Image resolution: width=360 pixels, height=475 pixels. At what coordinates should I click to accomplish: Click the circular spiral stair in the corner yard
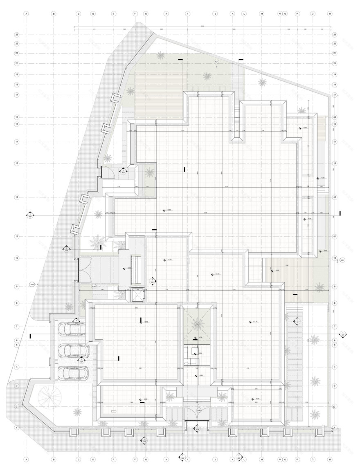coord(49,396)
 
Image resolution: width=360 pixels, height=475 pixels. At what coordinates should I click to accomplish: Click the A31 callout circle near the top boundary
coord(217,62)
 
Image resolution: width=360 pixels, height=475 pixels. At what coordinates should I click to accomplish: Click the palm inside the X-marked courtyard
coord(197,323)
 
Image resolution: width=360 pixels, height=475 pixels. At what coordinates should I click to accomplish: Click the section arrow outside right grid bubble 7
coord(344,334)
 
